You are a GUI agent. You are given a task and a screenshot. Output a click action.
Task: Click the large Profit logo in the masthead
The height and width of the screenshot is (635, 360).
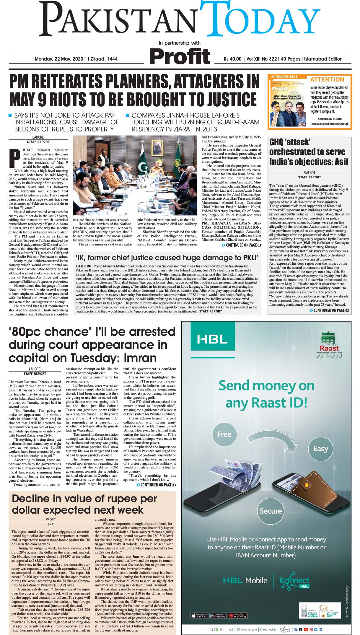point(180,56)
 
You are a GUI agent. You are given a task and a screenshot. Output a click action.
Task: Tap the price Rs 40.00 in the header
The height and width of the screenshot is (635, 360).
point(232,59)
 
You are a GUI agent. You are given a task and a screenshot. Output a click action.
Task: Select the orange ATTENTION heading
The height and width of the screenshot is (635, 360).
point(327,79)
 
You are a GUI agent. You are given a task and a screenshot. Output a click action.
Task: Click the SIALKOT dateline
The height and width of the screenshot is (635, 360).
point(309,172)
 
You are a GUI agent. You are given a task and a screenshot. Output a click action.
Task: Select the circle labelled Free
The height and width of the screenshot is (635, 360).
point(224,434)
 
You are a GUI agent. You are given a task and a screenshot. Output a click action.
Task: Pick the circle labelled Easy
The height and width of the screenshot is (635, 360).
point(320,449)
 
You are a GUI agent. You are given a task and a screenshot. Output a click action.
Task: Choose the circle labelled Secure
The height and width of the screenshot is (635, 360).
point(271,511)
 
